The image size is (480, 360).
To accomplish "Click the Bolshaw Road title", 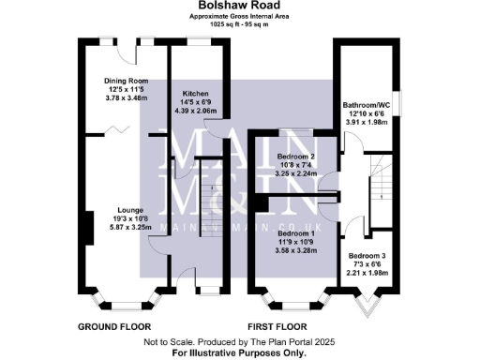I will pyautogui.click(x=239, y=6).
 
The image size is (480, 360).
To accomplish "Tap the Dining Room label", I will pyautogui.click(x=126, y=81).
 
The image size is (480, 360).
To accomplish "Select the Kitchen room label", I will pyautogui.click(x=195, y=95).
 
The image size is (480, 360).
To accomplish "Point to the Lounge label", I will pyautogui.click(x=129, y=210).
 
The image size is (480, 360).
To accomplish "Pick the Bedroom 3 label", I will pyautogui.click(x=366, y=255).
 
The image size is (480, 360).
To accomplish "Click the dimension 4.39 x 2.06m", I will pyautogui.click(x=195, y=112).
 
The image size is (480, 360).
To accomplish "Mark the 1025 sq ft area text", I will pyautogui.click(x=240, y=24).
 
